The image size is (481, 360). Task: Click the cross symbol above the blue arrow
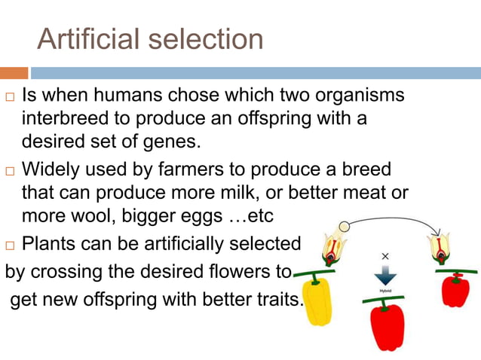click(x=385, y=256)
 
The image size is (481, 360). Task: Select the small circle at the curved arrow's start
click(x=344, y=225)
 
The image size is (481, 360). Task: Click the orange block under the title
click(x=14, y=73)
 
